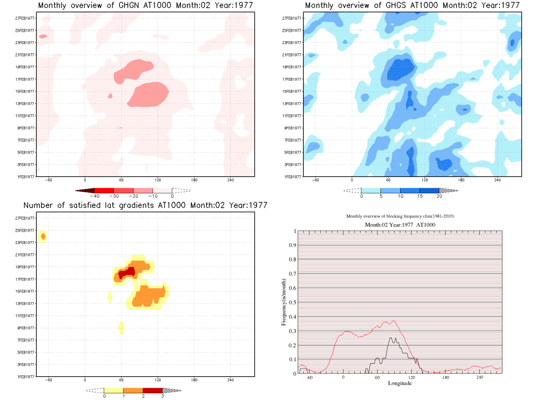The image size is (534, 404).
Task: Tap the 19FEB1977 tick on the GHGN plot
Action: (x=25, y=67)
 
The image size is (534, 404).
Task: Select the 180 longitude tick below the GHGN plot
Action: (x=194, y=180)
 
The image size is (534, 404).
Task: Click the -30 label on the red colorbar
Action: (x=114, y=196)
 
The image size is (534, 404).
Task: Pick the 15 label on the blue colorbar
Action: (x=420, y=196)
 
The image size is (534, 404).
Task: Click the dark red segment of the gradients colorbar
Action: (x=152, y=390)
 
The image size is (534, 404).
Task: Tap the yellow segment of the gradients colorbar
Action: (x=113, y=390)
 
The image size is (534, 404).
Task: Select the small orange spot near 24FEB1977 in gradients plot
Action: (x=43, y=236)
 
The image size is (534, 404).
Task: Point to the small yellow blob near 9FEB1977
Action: (x=121, y=328)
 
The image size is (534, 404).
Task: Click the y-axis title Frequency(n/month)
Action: (x=284, y=302)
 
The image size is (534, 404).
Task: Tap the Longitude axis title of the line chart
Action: (x=400, y=383)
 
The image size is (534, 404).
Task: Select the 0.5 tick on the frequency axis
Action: (x=293, y=303)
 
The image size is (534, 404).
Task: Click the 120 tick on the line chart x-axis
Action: (x=411, y=377)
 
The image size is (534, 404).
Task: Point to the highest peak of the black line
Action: (x=391, y=338)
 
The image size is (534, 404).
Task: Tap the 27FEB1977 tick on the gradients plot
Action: (x=25, y=218)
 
